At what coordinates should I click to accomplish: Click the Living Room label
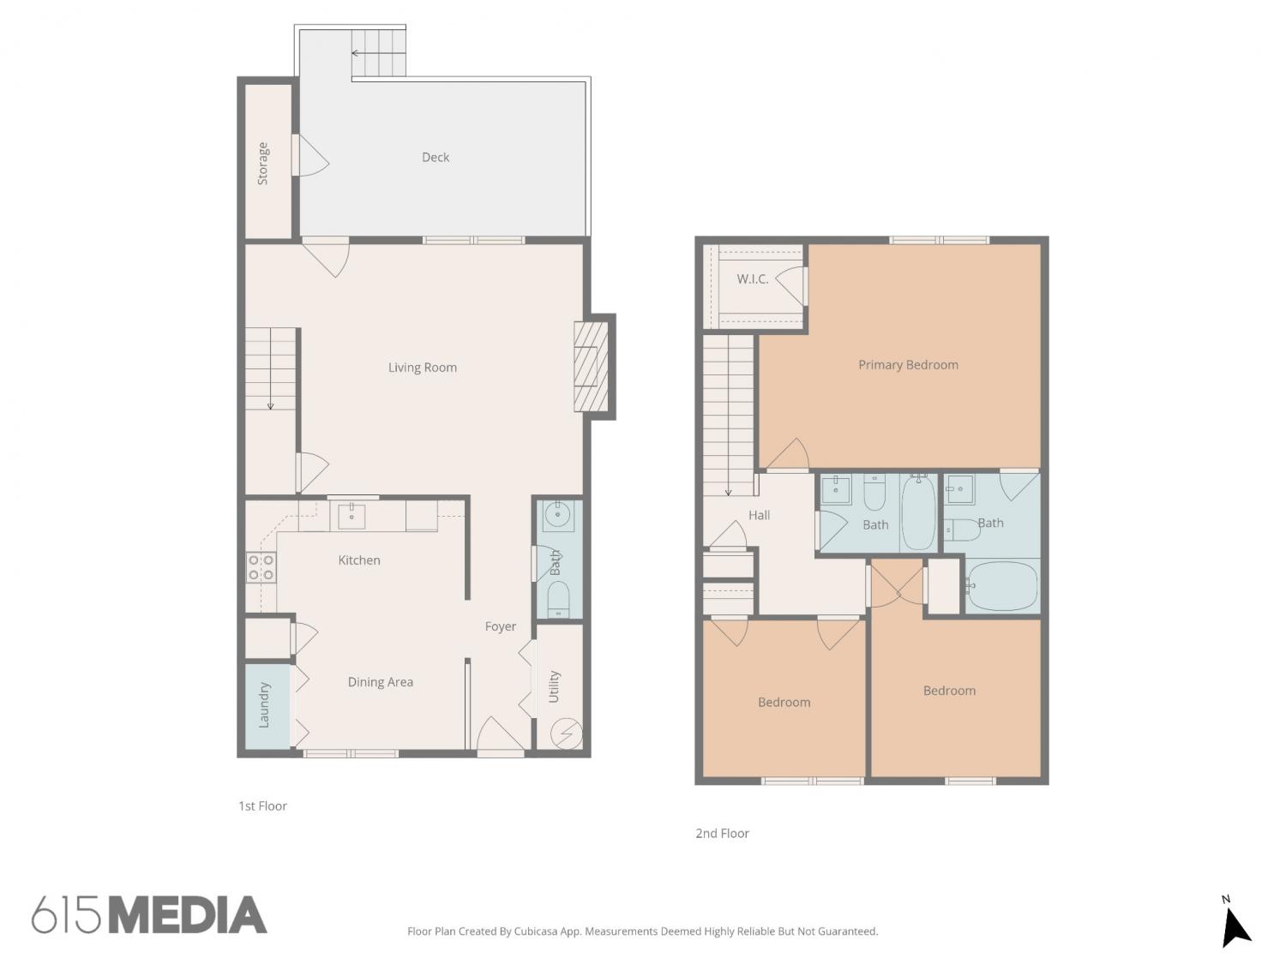423,368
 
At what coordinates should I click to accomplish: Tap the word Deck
436,157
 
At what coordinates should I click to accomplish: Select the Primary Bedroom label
908,365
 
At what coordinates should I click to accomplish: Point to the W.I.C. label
752,279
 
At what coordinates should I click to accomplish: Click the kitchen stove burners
261,567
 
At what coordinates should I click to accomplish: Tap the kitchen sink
352,516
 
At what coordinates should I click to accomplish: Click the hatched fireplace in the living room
592,367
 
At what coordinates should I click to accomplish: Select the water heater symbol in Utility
567,733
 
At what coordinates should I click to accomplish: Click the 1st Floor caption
262,806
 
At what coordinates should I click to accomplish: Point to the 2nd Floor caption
722,834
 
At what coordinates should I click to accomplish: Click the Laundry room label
264,704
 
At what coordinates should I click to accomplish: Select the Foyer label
501,627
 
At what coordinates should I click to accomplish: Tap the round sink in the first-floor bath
557,516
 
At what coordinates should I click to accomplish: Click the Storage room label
262,164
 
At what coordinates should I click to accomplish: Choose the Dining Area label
381,682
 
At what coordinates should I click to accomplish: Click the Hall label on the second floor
759,515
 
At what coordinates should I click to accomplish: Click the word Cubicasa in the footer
536,931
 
